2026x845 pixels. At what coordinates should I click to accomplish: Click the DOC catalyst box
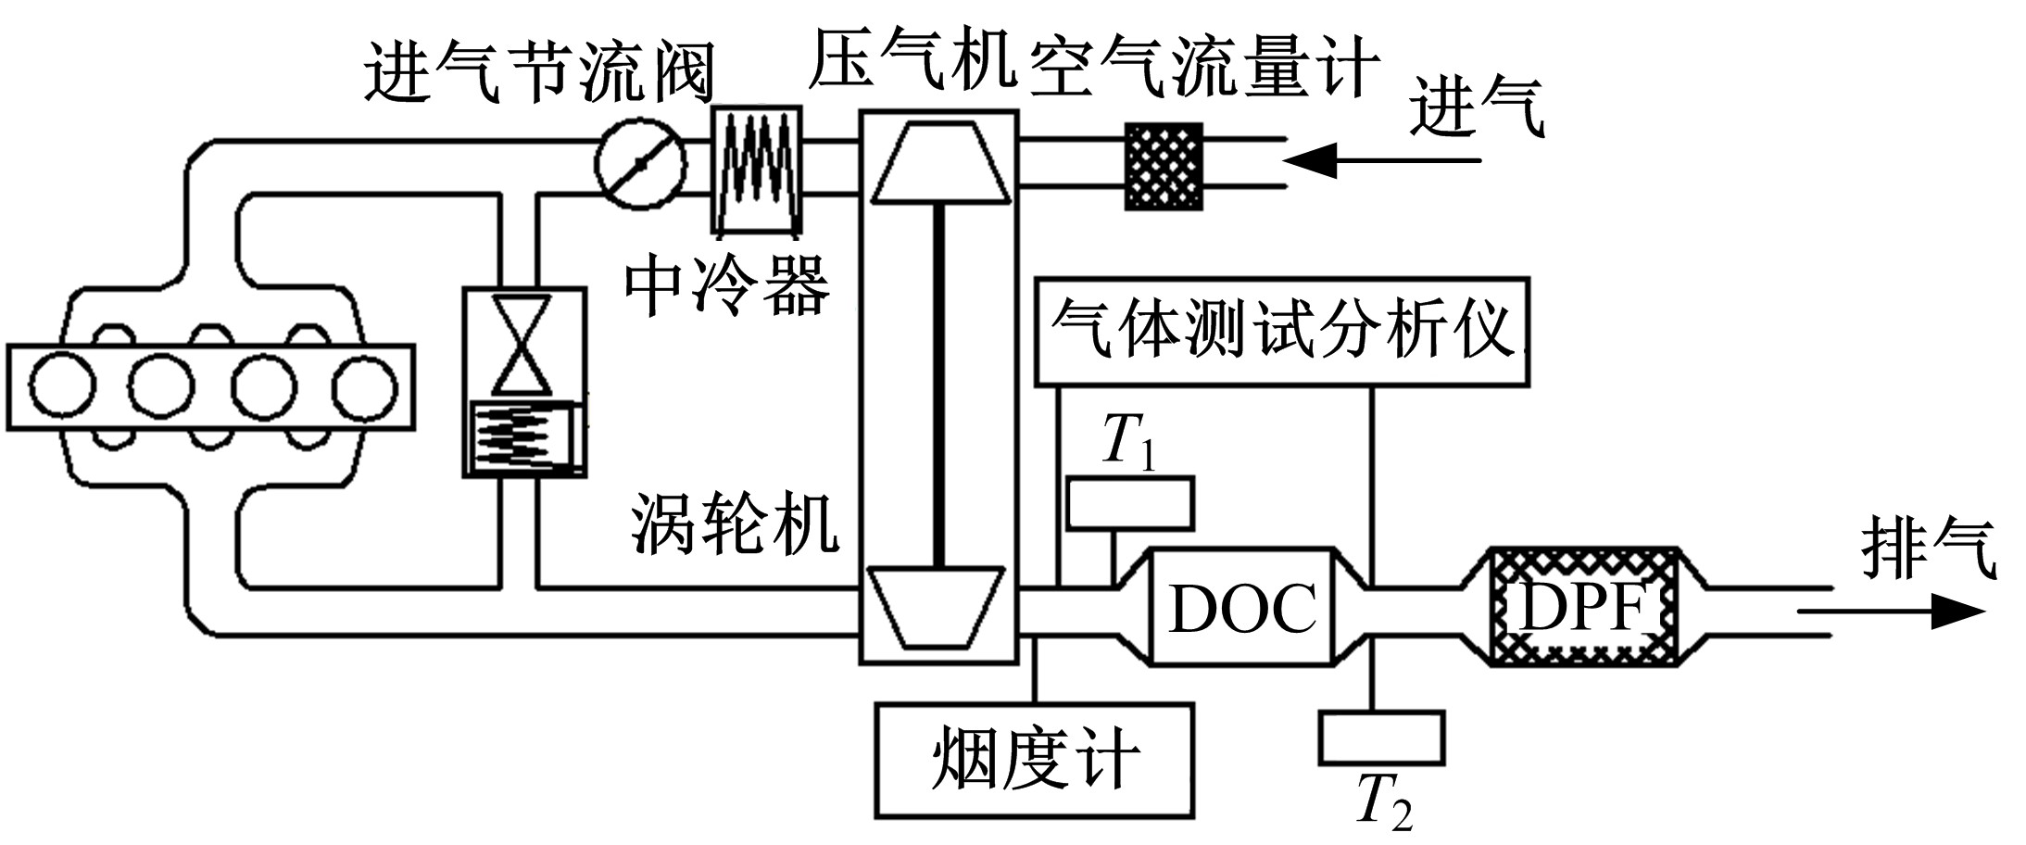pyautogui.click(x=1241, y=608)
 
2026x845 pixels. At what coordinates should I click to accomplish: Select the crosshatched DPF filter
pyautogui.click(x=1583, y=608)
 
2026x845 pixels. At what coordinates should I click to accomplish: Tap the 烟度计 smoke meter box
pyautogui.click(x=1034, y=761)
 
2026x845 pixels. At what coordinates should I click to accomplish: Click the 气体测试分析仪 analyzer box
pyautogui.click(x=1281, y=331)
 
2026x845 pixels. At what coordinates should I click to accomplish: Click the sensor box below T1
pyautogui.click(x=1130, y=504)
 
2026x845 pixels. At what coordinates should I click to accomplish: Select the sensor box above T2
pyautogui.click(x=1381, y=738)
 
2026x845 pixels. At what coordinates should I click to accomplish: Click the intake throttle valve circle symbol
pyautogui.click(x=640, y=164)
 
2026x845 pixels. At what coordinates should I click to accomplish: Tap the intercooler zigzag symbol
pyautogui.click(x=756, y=168)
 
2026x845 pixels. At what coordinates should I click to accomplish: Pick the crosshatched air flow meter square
pyautogui.click(x=1164, y=167)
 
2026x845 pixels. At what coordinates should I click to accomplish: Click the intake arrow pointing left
pyautogui.click(x=1380, y=161)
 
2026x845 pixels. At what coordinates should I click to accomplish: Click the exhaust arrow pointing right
pyautogui.click(x=1890, y=612)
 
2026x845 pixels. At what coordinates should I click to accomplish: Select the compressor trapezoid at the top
pyautogui.click(x=939, y=164)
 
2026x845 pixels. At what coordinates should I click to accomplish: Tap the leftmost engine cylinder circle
pyautogui.click(x=61, y=387)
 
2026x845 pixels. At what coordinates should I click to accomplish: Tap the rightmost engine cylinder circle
pyautogui.click(x=364, y=387)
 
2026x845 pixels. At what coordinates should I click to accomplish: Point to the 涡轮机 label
pyautogui.click(x=734, y=523)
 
